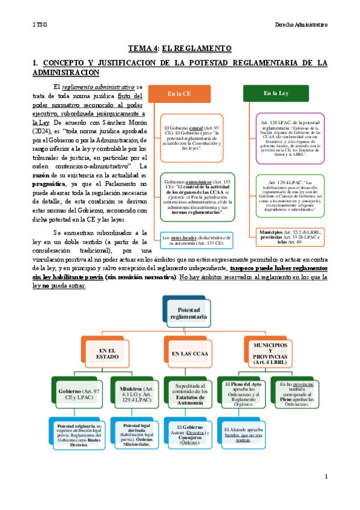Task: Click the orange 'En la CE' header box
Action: tap(180, 94)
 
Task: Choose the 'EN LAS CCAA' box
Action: tap(188, 353)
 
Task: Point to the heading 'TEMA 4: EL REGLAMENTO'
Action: tap(180, 48)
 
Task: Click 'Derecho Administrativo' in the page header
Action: tap(301, 25)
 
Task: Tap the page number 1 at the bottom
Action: tap(326, 476)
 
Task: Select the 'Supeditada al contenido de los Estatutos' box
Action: tap(189, 393)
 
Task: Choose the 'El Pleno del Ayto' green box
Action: tap(242, 393)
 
